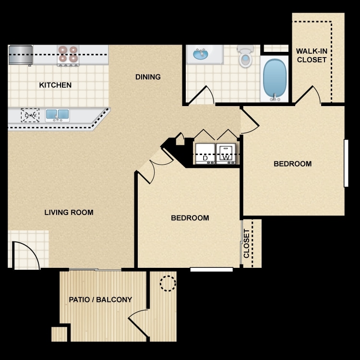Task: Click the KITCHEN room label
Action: click(x=55, y=85)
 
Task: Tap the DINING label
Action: click(x=148, y=77)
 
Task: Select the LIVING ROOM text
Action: click(x=69, y=213)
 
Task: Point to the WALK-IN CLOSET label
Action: click(x=312, y=55)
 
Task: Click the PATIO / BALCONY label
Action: click(x=100, y=300)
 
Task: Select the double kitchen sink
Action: click(x=57, y=115)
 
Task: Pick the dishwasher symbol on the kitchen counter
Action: click(x=30, y=115)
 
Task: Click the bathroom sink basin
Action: click(x=201, y=54)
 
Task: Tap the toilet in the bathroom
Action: click(x=246, y=57)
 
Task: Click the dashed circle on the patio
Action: click(x=168, y=283)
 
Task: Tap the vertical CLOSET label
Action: click(x=247, y=243)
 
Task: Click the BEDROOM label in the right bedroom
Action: click(x=292, y=164)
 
